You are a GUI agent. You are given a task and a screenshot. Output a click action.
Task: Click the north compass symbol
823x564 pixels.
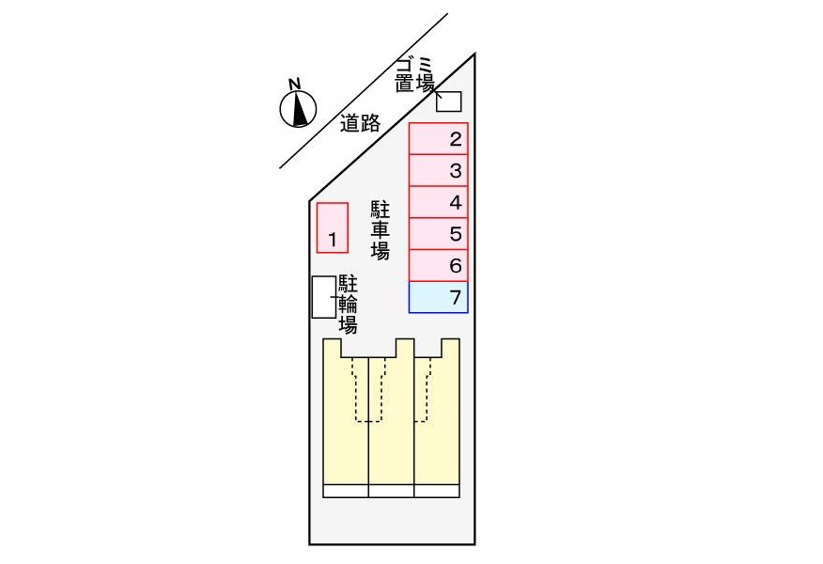tap(299, 109)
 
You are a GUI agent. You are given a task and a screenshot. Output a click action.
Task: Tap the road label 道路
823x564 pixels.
tap(360, 122)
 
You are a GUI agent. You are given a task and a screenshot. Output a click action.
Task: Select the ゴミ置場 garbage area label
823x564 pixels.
tap(414, 75)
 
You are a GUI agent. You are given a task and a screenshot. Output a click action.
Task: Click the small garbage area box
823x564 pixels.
tap(449, 100)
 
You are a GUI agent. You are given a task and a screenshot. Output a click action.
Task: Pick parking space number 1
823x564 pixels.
tap(333, 227)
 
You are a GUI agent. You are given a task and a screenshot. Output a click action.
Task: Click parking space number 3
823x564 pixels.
tap(439, 170)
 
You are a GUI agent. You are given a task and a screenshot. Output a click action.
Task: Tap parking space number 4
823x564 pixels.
tap(439, 202)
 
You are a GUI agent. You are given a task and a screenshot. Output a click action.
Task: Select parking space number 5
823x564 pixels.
tap(439, 234)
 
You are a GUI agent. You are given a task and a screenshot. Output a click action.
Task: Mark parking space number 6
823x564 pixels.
tap(439, 266)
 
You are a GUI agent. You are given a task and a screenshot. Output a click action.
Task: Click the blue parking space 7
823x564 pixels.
tap(439, 298)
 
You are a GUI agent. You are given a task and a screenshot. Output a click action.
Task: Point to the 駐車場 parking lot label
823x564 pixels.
tap(380, 229)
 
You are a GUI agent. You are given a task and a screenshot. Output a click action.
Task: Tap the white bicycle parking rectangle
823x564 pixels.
tap(322, 296)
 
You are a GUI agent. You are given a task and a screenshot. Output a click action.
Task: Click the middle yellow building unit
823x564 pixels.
tap(392, 432)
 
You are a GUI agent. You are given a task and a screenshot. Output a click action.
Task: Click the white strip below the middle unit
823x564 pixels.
tap(392, 491)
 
